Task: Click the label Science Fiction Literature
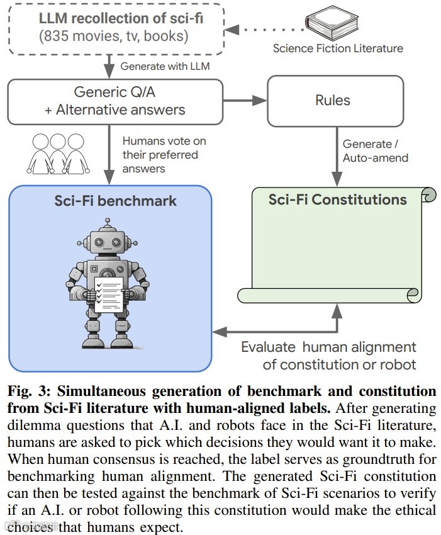pyautogui.click(x=338, y=48)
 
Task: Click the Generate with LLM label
pyautogui.click(x=165, y=66)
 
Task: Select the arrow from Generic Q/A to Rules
pyautogui.click(x=245, y=101)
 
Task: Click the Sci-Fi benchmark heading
pyautogui.click(x=114, y=201)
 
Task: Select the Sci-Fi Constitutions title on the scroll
pyautogui.click(x=337, y=200)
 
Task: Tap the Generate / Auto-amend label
pyautogui.click(x=375, y=151)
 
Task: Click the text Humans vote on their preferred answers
pyautogui.click(x=164, y=154)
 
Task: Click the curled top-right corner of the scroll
pyautogui.click(x=430, y=194)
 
